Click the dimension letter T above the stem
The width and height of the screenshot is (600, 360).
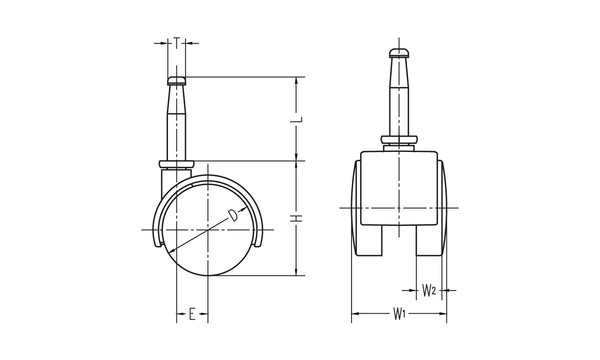[176, 43]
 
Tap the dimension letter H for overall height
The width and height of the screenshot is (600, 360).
[296, 218]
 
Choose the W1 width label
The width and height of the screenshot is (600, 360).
[399, 314]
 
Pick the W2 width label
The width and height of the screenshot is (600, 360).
[429, 290]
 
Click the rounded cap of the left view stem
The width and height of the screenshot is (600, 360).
[176, 81]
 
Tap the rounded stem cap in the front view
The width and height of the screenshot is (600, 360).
[399, 53]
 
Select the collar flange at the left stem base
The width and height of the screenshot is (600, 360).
[176, 164]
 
